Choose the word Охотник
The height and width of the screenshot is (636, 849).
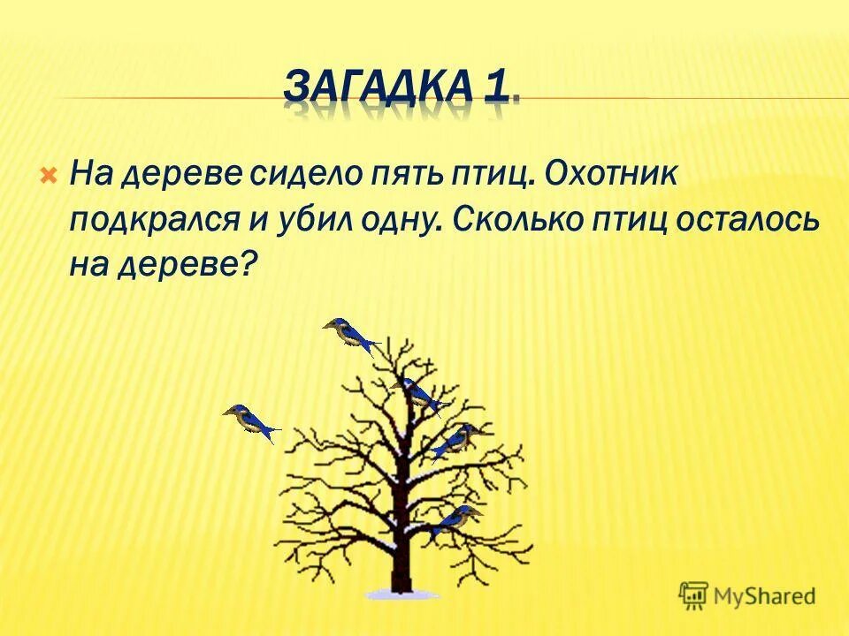coord(611,176)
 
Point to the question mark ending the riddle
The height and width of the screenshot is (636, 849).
coord(249,262)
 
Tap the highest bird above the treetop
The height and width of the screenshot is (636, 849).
coord(349,336)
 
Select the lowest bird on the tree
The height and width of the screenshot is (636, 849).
coord(455,521)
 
